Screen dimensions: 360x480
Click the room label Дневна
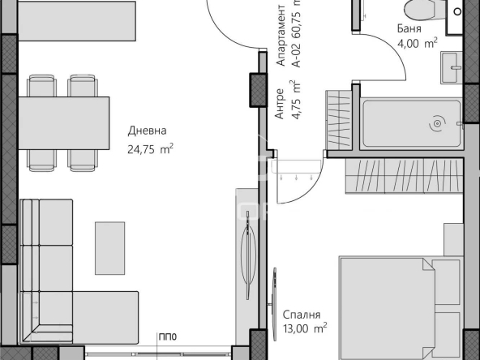[147, 131]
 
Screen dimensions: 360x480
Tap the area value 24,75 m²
[151, 148]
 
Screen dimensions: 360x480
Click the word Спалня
[302, 315]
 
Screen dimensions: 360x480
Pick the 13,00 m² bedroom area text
[305, 328]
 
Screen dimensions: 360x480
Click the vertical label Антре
[280, 105]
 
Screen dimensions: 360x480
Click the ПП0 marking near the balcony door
[168, 337]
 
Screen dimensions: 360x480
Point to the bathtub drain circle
[437, 124]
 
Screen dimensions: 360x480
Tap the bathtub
[412, 124]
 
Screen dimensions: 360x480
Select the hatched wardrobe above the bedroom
[405, 177]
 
